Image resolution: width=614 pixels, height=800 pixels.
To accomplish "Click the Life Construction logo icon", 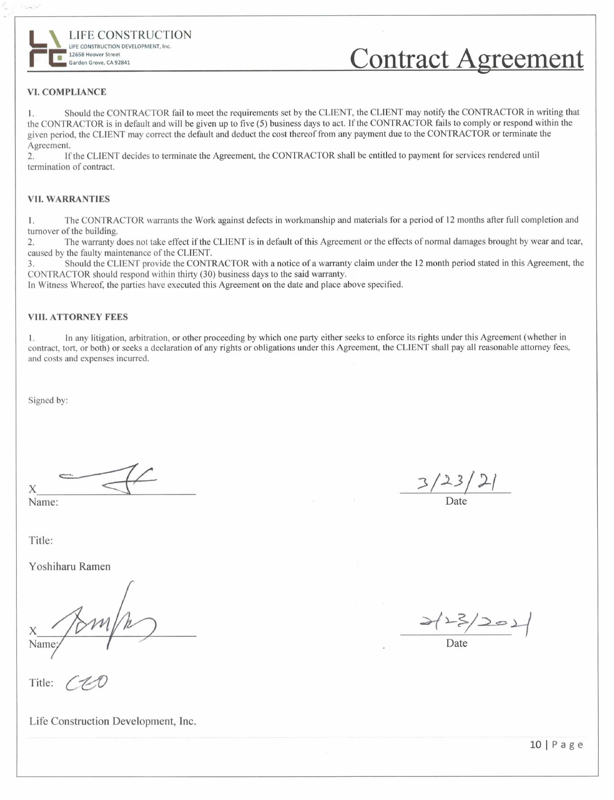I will [x=46, y=49].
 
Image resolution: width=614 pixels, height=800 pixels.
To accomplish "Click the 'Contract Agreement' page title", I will [x=466, y=59].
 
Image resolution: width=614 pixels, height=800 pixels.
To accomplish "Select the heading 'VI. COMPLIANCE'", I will [x=67, y=92].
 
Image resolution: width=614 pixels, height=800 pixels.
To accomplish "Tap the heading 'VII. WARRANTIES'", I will [x=69, y=199].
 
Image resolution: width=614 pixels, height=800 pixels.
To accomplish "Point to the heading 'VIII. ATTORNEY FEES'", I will [x=78, y=317].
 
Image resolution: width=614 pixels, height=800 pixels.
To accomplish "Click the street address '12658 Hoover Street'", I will [x=94, y=55].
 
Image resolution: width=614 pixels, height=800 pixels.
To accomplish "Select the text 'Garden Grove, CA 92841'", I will [x=99, y=63].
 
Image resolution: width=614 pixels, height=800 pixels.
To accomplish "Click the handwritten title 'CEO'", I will [x=87, y=683].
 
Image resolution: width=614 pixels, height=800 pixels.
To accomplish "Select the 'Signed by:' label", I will [x=48, y=400].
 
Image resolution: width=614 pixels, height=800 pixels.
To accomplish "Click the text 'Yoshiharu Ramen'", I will [x=69, y=566].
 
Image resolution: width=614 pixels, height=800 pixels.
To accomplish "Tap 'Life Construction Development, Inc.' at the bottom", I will [x=113, y=721].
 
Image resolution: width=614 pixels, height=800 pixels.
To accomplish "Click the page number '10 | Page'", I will [x=556, y=745].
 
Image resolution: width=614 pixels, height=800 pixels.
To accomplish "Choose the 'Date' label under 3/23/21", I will [x=456, y=501].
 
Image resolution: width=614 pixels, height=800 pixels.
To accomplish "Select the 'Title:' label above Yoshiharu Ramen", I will [x=41, y=540].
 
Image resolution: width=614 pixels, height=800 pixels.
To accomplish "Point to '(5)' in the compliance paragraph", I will [x=262, y=123].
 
